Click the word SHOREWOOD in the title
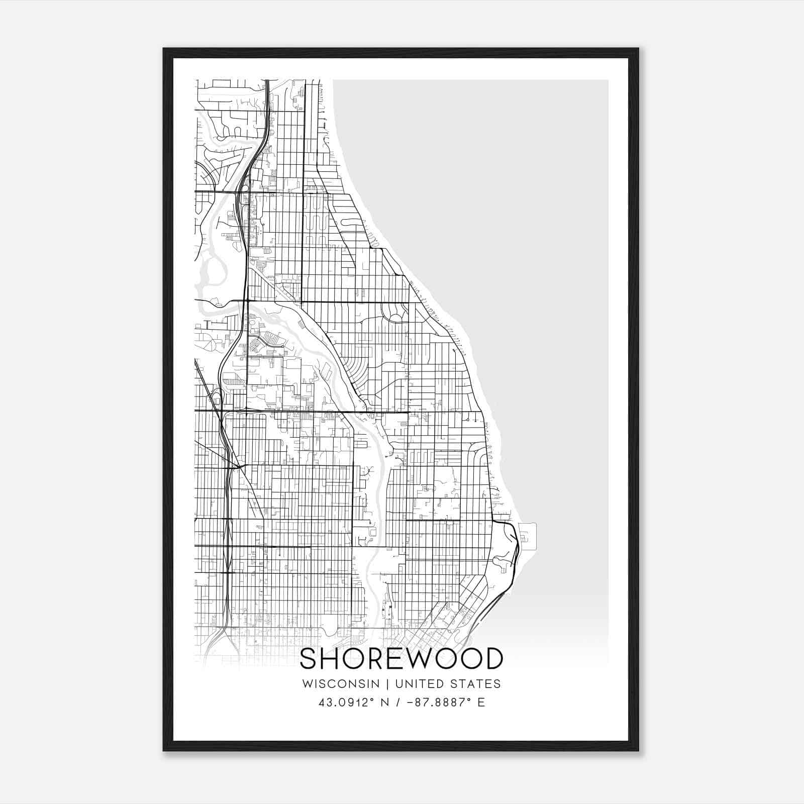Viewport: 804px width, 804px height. pos(401,659)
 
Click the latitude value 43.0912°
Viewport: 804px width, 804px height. pos(347,702)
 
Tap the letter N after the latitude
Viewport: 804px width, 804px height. pos(385,702)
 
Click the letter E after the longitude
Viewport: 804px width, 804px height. pos(481,702)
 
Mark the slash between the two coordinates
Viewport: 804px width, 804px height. pos(398,702)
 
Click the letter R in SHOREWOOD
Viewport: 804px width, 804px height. pos(376,659)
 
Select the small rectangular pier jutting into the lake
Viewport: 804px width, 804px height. pos(527,536)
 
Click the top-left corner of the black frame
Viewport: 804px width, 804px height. pos(164,49)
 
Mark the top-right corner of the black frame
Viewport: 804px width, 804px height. pos(638,49)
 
